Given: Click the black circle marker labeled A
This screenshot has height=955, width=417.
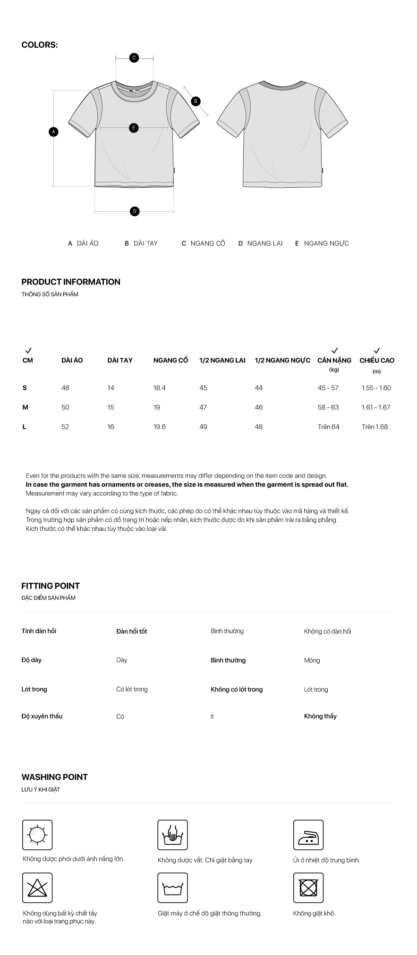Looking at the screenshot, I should click(x=54, y=132).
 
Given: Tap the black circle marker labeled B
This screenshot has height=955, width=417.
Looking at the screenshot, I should click(x=196, y=101).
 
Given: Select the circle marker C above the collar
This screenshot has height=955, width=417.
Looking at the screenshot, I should click(x=134, y=58).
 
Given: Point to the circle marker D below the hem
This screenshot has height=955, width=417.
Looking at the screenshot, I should click(x=135, y=211).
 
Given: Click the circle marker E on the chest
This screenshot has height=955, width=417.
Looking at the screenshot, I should click(x=134, y=127).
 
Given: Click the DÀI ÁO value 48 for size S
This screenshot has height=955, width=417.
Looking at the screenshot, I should click(x=65, y=388).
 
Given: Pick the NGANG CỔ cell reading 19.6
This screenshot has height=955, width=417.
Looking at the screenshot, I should click(x=160, y=427).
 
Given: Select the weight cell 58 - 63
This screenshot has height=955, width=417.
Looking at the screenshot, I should click(x=328, y=407).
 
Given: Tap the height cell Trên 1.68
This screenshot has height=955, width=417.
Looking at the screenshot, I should click(x=374, y=427).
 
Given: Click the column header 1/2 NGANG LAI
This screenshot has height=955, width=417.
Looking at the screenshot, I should click(x=222, y=360).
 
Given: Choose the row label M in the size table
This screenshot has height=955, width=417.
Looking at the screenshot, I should click(x=26, y=407).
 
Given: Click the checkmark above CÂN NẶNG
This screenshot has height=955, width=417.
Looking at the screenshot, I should click(x=334, y=351).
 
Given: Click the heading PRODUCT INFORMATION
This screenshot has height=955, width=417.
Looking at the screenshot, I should click(x=71, y=282).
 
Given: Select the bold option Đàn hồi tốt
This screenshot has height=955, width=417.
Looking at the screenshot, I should click(x=131, y=631).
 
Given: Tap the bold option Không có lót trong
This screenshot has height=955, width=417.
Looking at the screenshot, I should click(x=237, y=689).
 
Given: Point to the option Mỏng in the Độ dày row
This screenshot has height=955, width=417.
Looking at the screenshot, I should click(x=312, y=660).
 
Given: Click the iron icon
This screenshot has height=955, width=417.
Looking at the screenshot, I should click(x=308, y=835).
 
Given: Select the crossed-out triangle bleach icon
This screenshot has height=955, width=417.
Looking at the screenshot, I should click(x=37, y=888).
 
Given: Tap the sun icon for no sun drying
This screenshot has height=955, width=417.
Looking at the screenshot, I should click(x=37, y=835).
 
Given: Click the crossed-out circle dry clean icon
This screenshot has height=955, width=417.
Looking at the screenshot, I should click(x=308, y=888).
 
